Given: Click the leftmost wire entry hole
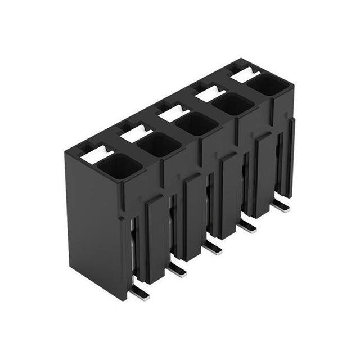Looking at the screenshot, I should [x=119, y=166].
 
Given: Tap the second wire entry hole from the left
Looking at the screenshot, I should [x=159, y=145].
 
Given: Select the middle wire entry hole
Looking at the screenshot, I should [x=196, y=124].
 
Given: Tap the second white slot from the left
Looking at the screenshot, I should [x=136, y=133].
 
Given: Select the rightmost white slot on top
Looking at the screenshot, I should [x=245, y=74].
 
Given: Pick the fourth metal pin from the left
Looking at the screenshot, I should [x=247, y=226].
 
